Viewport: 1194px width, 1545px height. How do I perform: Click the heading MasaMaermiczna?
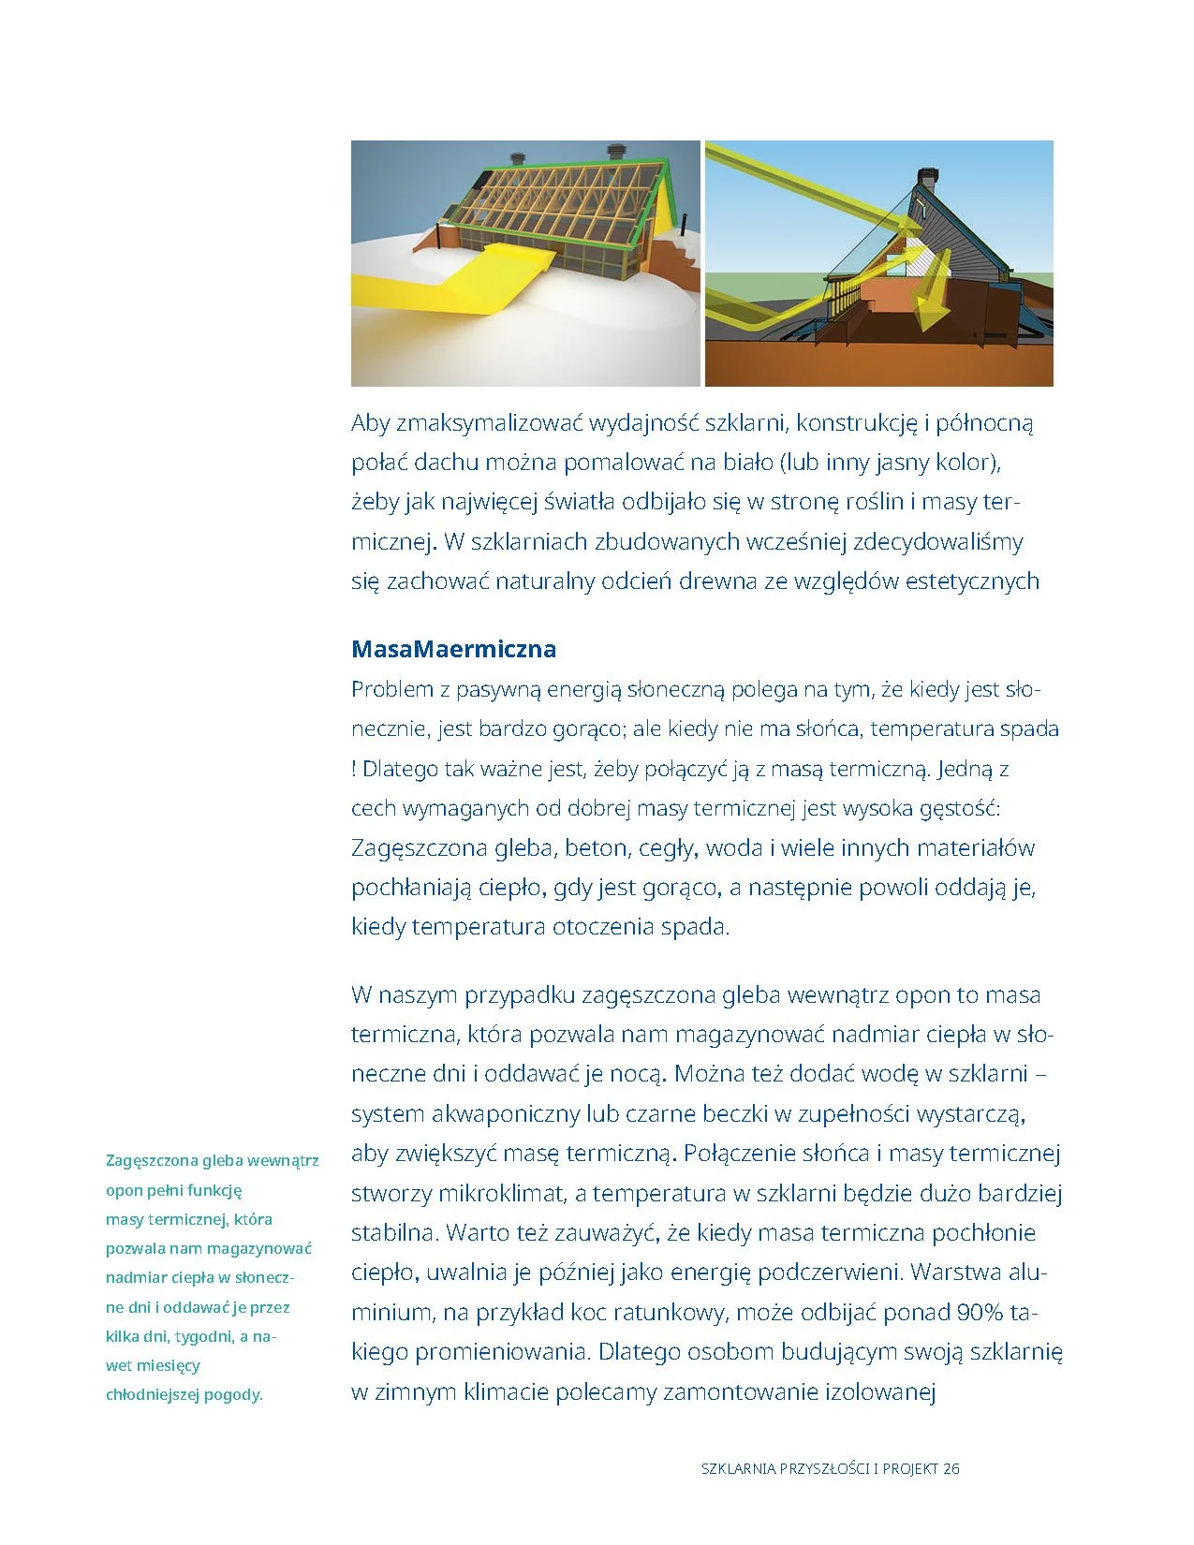pos(453,649)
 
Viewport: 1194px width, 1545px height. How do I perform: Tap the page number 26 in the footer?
pos(951,1468)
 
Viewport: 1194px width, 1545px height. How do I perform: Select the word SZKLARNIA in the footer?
pos(739,1468)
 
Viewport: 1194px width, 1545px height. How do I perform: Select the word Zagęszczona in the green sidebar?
pos(152,1161)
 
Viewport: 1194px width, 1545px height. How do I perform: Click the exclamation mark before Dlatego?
pos(354,769)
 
